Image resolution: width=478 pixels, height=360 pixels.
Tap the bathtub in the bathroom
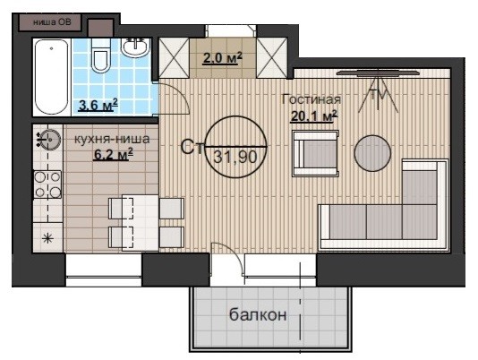click(x=52, y=77)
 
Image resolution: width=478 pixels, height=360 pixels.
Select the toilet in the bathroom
click(x=101, y=56)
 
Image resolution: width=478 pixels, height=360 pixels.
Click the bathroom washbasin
click(x=136, y=47)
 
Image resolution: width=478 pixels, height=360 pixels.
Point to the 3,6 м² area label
click(x=98, y=106)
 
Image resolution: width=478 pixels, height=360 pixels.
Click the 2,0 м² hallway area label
click(x=222, y=58)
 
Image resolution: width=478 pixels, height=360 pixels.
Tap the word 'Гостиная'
click(x=312, y=99)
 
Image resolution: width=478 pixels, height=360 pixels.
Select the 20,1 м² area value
click(x=314, y=116)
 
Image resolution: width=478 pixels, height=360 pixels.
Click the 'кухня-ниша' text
click(x=112, y=139)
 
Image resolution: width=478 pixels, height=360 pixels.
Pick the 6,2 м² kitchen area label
click(x=113, y=154)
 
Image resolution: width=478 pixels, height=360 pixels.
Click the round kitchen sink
click(x=50, y=140)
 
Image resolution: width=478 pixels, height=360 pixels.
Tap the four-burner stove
click(x=47, y=184)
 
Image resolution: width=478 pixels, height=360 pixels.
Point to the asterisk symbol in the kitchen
click(x=47, y=238)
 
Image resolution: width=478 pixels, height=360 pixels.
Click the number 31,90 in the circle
click(x=235, y=158)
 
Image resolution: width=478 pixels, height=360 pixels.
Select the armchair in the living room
click(x=315, y=153)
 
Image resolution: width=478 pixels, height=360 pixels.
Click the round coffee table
click(x=372, y=153)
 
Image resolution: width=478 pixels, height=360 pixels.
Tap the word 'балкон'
click(x=258, y=314)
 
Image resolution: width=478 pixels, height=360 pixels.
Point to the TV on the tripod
click(x=378, y=90)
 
